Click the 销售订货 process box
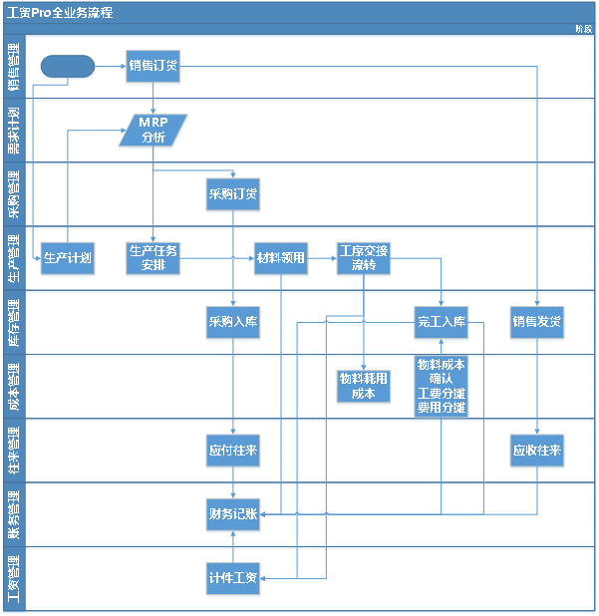pos(153,67)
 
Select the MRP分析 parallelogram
pos(153,131)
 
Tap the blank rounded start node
pos(69,67)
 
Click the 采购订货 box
pos(233,195)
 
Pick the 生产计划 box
pos(68,258)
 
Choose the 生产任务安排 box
pos(153,258)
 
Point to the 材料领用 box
pos(281,258)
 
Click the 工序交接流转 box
pos(364,258)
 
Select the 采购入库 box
pos(233,322)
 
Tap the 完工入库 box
pos(441,322)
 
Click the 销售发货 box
pos(538,322)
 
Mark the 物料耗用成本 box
pos(364,386)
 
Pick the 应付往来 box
pos(233,451)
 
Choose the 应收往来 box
pos(538,451)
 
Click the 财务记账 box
pos(233,514)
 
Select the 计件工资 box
pos(233,578)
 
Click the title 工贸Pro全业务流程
pos(60,13)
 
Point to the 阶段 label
pos(583,30)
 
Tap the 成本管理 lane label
pos(14,387)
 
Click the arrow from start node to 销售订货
pos(111,67)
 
